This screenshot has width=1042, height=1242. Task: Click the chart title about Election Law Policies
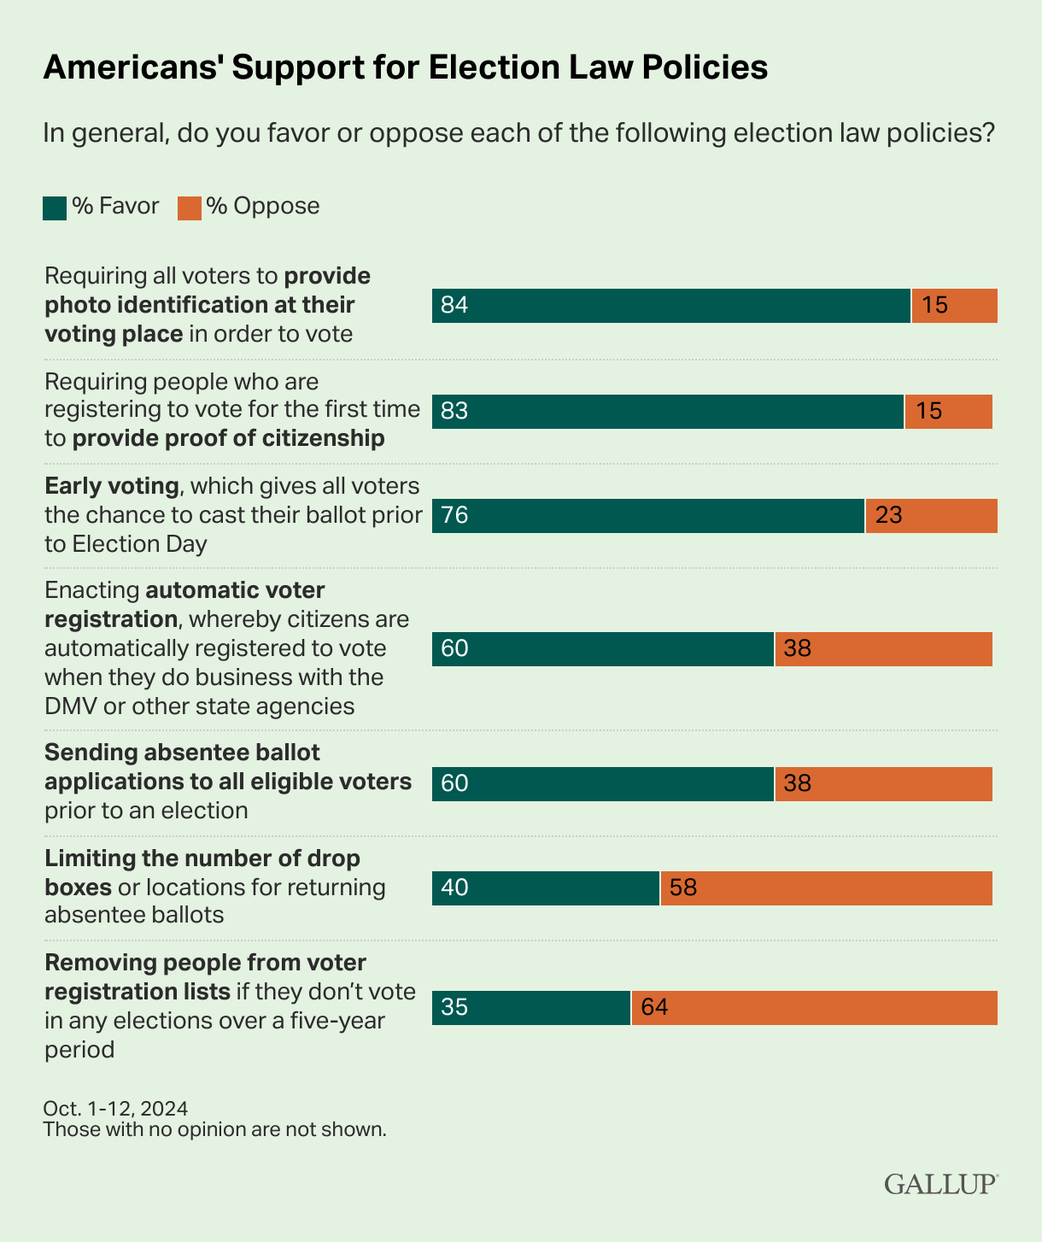tap(405, 67)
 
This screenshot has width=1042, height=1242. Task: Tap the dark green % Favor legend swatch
tap(55, 208)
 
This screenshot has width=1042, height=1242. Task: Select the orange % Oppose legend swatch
tap(189, 208)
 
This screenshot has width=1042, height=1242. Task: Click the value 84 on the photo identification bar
tap(454, 306)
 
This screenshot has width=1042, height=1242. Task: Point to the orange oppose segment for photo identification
tap(954, 306)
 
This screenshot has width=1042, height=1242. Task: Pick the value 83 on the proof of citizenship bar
tap(454, 412)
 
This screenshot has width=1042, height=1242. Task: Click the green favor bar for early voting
tap(648, 516)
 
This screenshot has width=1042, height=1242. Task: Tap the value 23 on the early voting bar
tap(889, 516)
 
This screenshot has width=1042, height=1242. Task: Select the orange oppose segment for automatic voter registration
tap(883, 649)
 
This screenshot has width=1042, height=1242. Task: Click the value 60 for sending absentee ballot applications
tap(454, 784)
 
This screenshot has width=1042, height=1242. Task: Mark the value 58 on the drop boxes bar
tap(683, 888)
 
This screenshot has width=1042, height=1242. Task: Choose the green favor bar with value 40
tap(546, 888)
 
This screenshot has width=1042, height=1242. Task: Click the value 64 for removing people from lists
tap(654, 1008)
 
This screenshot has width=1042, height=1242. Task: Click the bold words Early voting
tap(112, 486)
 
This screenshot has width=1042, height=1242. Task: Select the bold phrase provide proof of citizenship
tap(228, 438)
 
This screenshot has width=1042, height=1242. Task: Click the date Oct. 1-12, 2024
tap(115, 1109)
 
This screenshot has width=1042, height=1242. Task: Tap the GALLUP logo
tap(940, 1184)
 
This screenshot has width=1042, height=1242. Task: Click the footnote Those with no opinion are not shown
tap(214, 1129)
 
